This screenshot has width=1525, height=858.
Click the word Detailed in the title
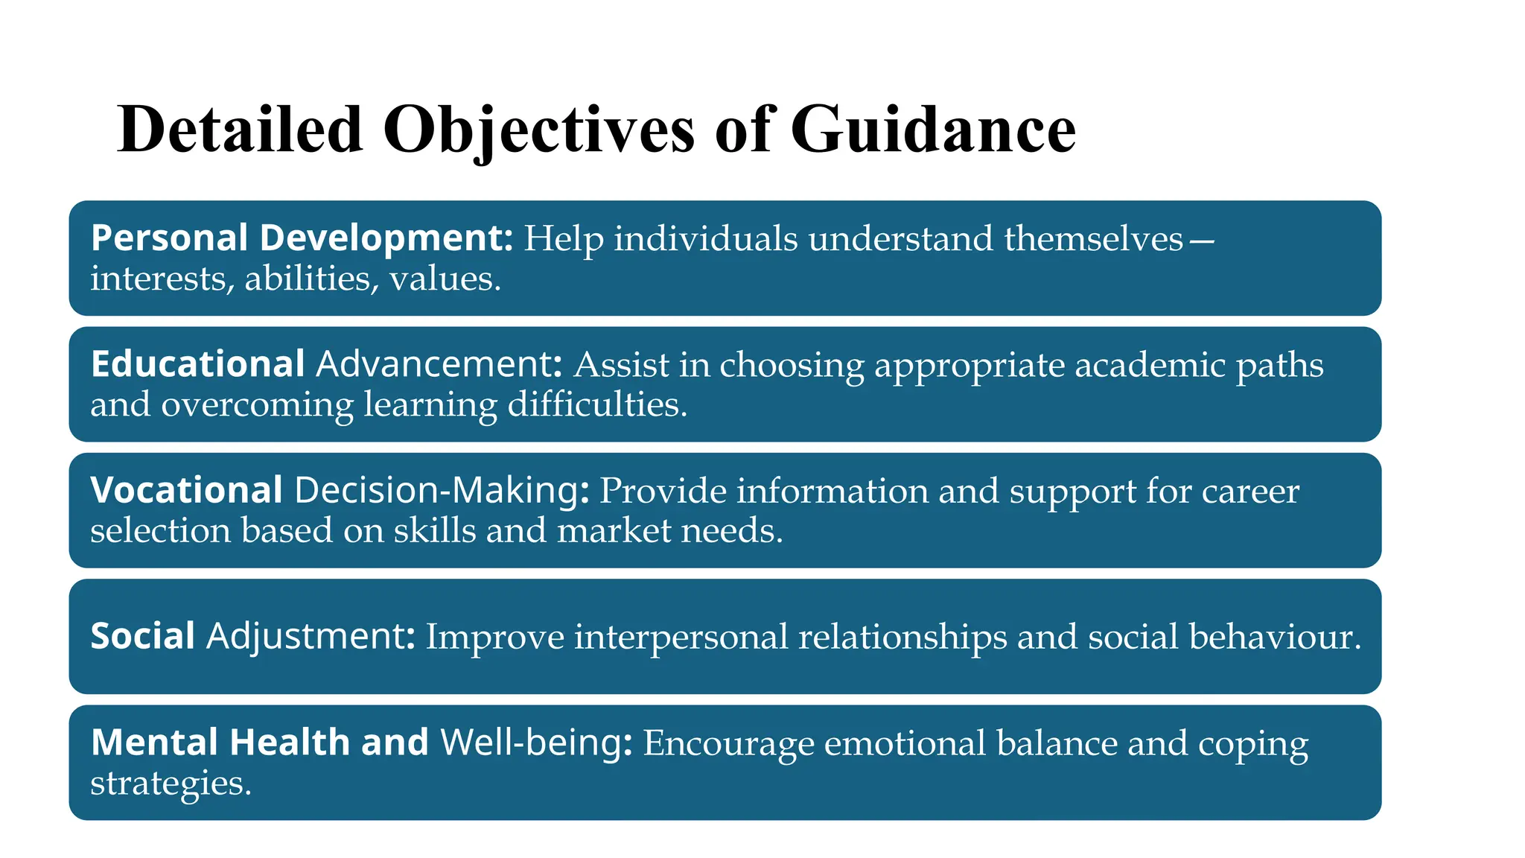(240, 130)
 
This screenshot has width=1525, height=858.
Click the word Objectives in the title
(539, 130)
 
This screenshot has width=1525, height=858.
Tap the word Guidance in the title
(933, 130)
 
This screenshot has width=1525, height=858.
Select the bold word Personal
(169, 238)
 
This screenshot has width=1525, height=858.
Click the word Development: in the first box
(386, 238)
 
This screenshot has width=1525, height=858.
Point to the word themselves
(1094, 239)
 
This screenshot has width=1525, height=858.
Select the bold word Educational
(197, 364)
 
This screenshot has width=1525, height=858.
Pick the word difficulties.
(597, 404)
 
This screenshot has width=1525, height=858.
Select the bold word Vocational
(186, 490)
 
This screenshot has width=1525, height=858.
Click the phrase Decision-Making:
(442, 490)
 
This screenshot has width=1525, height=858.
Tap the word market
(614, 530)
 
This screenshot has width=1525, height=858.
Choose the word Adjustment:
(311, 637)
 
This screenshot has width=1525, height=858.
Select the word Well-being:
(536, 743)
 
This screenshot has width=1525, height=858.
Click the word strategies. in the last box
(171, 784)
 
